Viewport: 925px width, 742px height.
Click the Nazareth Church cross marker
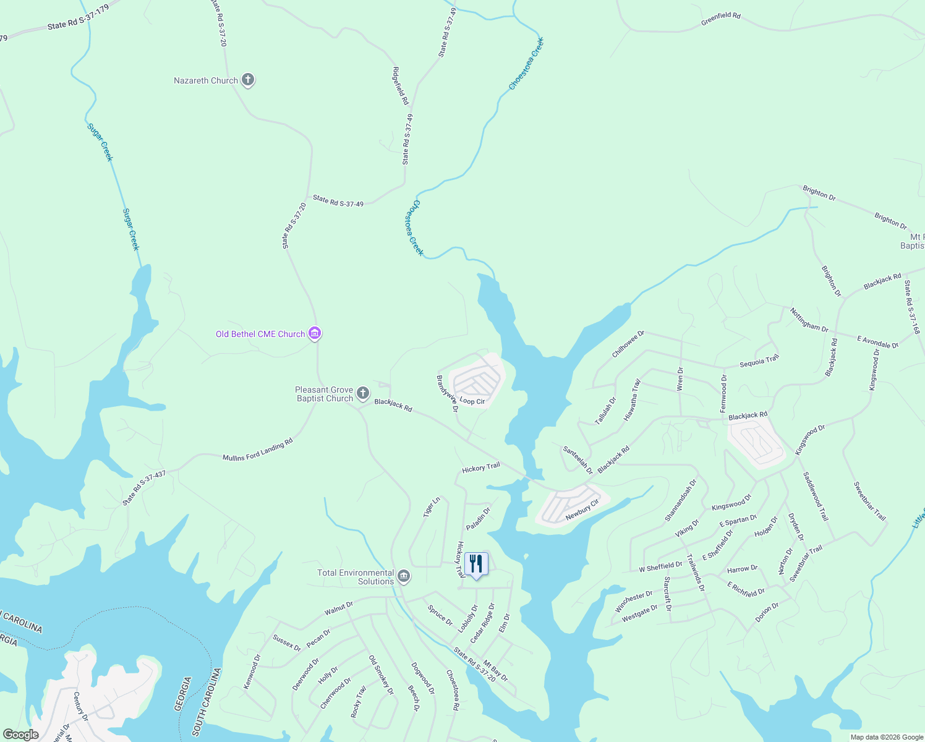pos(247,80)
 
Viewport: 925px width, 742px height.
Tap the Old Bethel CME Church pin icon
pos(315,334)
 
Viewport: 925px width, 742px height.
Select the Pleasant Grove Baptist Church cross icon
pos(363,393)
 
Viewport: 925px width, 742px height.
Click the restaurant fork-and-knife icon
pos(475,564)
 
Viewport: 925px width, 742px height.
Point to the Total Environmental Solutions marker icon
pos(404,577)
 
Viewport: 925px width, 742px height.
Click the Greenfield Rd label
pos(720,20)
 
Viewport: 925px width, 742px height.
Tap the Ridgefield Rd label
pos(401,85)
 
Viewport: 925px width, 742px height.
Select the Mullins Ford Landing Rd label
pos(257,450)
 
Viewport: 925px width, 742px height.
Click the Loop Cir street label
pos(472,401)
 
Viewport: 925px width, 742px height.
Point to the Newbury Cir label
pos(582,510)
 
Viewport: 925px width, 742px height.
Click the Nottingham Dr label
pos(809,320)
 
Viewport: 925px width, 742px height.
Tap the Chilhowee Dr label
pos(628,344)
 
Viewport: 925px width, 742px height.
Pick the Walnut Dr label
pos(339,608)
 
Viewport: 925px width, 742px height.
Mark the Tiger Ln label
pos(432,507)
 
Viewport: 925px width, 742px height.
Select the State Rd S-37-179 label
pos(78,17)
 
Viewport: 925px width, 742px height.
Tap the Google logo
pos(20,735)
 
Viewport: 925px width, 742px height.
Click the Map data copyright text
pos(887,737)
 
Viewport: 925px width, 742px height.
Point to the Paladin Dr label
pos(478,519)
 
